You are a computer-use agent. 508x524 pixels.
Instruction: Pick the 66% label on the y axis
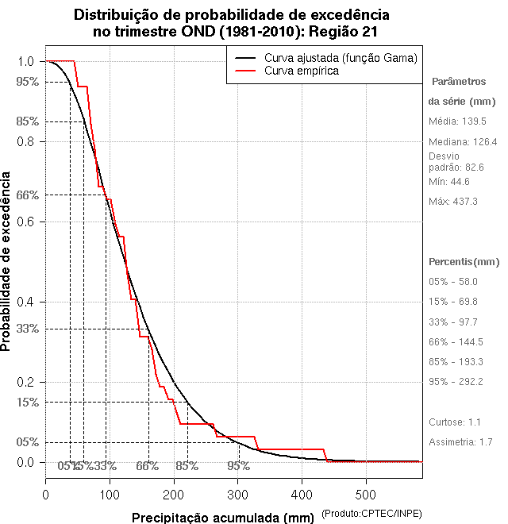(x=27, y=195)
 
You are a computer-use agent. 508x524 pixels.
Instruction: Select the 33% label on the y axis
(x=27, y=329)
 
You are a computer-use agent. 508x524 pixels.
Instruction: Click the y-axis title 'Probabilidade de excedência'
(x=7, y=262)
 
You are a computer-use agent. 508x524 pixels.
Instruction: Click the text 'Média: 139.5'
(x=457, y=121)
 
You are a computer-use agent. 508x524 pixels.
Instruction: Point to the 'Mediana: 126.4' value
(x=463, y=142)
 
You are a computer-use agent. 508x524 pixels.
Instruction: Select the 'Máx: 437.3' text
(x=453, y=202)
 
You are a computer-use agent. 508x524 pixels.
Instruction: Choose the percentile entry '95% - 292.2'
(x=456, y=382)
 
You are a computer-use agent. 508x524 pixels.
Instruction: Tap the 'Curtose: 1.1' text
(x=456, y=422)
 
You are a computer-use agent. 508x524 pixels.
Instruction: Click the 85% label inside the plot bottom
(x=187, y=466)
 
